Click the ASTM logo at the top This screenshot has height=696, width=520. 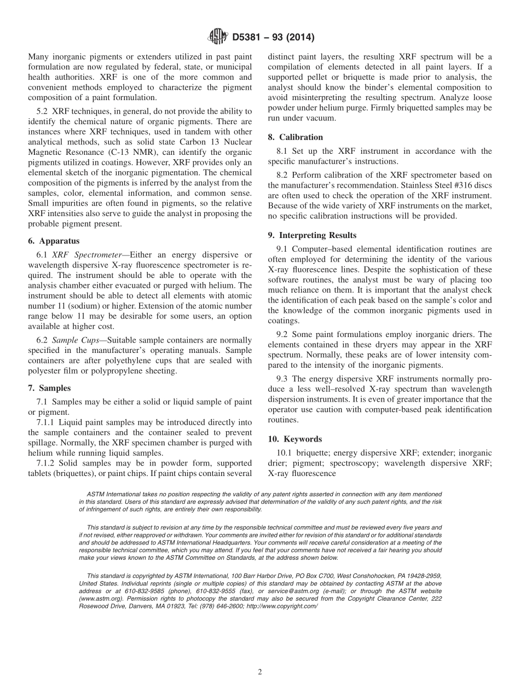(x=219, y=38)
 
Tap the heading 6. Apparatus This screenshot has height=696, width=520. (x=54, y=241)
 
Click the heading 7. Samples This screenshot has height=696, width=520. (x=49, y=388)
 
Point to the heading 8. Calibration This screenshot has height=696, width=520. (x=295, y=137)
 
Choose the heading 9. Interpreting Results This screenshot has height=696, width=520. (x=312, y=235)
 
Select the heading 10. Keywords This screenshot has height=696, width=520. (x=294, y=439)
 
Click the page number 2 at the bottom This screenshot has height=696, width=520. (x=260, y=672)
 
